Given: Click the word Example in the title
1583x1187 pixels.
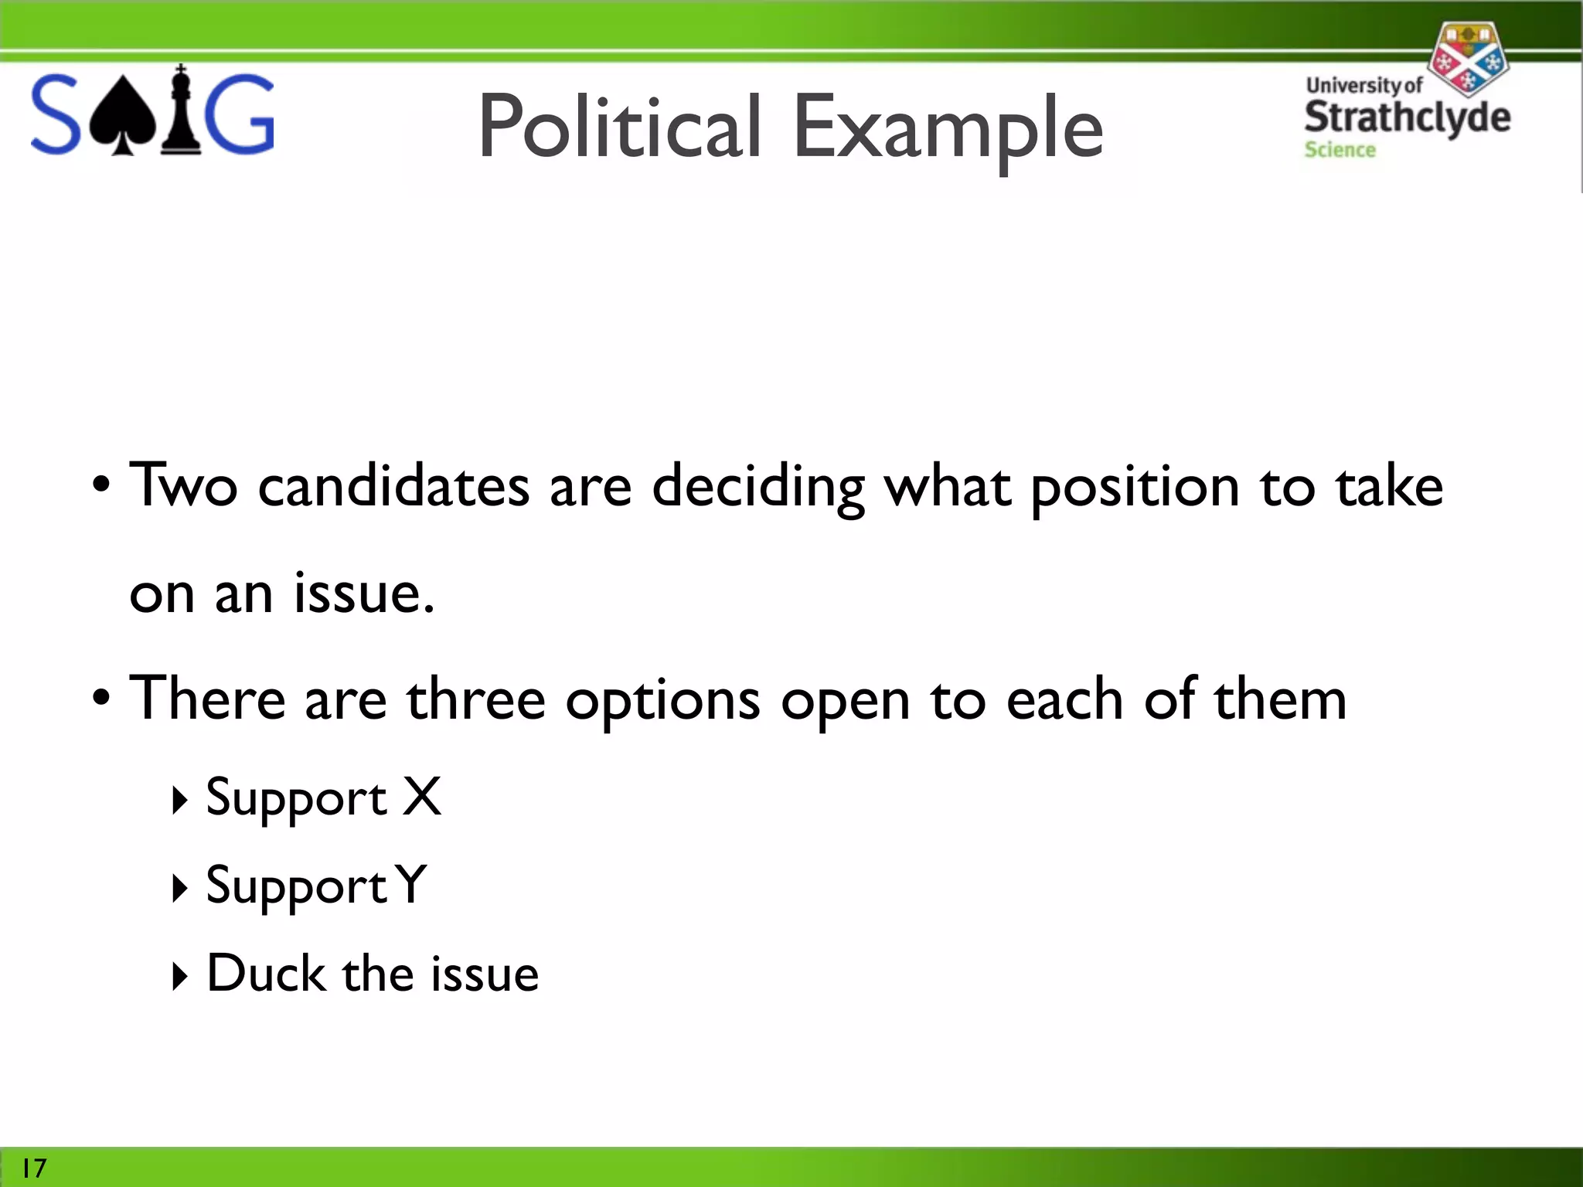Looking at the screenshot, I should click(948, 128).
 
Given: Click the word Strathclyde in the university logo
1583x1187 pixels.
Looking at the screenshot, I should click(1407, 117).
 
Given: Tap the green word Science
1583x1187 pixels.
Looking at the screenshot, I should click(1340, 149).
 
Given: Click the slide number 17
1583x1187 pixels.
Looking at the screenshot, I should click(34, 1168).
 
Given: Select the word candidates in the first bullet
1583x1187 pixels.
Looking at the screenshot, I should click(393, 487).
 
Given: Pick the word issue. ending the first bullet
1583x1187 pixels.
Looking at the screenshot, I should click(364, 593).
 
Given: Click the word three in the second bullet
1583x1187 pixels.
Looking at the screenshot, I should click(476, 699).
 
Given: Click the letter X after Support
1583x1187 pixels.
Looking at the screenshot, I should click(422, 797).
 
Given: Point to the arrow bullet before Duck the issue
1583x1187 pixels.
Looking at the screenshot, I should click(179, 976).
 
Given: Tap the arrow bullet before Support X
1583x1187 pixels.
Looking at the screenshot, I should click(179, 801).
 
